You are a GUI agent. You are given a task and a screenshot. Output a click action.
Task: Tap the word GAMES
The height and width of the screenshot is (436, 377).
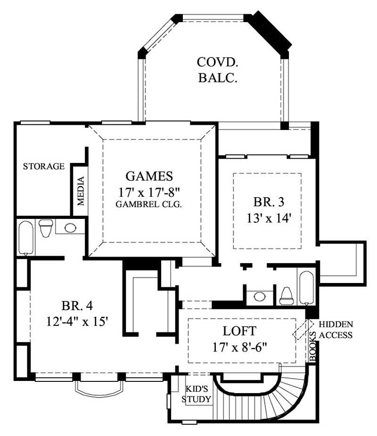(x=149, y=176)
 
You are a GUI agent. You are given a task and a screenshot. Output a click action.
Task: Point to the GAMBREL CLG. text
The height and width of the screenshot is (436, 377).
(x=149, y=204)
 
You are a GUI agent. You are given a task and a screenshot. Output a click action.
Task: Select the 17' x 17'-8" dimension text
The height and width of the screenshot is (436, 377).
(x=149, y=192)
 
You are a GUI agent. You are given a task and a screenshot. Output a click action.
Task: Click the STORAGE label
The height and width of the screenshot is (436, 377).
(x=44, y=166)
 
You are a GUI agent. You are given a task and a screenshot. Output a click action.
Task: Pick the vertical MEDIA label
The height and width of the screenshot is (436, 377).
(x=81, y=191)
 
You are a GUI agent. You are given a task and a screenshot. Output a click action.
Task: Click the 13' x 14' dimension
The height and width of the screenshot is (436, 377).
(x=268, y=218)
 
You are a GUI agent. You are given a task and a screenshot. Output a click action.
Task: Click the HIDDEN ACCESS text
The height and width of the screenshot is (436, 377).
(x=336, y=330)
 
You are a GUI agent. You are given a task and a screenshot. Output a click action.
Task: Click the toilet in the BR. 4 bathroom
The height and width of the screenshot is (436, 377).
(x=45, y=228)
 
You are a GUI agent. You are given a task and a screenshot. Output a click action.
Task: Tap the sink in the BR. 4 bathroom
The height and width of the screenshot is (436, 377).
(x=70, y=228)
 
